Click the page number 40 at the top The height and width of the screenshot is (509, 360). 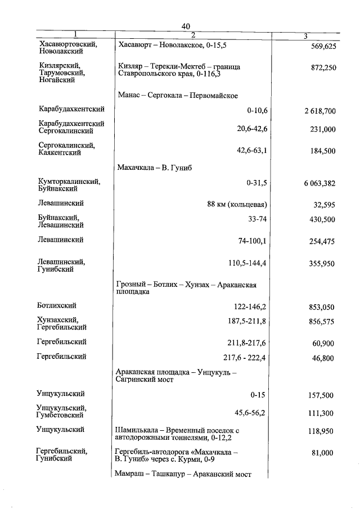click(187, 26)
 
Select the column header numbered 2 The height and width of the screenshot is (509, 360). click(193, 36)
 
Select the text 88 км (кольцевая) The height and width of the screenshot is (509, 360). click(236, 204)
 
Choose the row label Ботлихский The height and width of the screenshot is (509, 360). click(56, 305)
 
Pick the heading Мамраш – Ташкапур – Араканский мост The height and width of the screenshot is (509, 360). click(183, 474)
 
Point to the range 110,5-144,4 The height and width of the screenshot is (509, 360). click(246, 263)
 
